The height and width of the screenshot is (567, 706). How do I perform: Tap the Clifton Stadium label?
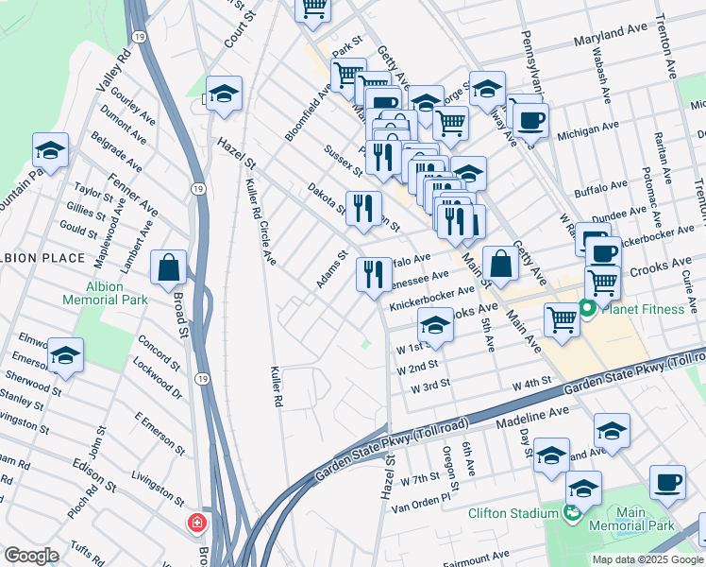click(513, 513)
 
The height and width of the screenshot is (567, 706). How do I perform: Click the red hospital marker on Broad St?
click(197, 523)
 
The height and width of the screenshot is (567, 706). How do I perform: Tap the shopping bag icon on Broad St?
click(168, 267)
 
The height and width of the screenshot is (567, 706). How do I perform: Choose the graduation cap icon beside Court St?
click(224, 94)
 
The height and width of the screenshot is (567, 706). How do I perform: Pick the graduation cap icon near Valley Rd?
click(50, 149)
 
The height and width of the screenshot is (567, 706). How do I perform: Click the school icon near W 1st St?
click(434, 325)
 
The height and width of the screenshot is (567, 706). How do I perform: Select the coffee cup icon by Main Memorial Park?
click(667, 482)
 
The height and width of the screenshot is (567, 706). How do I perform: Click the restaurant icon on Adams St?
click(374, 274)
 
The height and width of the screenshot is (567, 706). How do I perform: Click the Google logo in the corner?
click(31, 556)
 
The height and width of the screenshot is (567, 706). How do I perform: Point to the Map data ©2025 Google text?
click(647, 559)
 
